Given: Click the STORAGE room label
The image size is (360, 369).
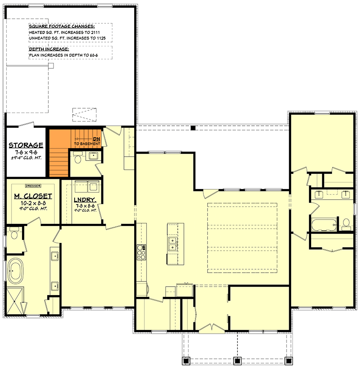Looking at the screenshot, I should (x=26, y=145).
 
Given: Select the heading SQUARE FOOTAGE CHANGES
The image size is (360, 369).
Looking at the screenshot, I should (x=62, y=26).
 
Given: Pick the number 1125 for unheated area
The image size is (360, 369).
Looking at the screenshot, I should (x=100, y=38).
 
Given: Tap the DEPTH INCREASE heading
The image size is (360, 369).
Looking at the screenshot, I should (x=49, y=50).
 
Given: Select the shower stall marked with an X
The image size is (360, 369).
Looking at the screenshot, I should (x=15, y=301).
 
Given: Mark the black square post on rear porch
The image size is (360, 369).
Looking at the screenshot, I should (x=193, y=128).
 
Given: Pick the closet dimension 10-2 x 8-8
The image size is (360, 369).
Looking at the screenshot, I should (x=32, y=203).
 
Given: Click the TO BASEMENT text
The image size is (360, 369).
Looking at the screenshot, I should (x=87, y=144).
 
